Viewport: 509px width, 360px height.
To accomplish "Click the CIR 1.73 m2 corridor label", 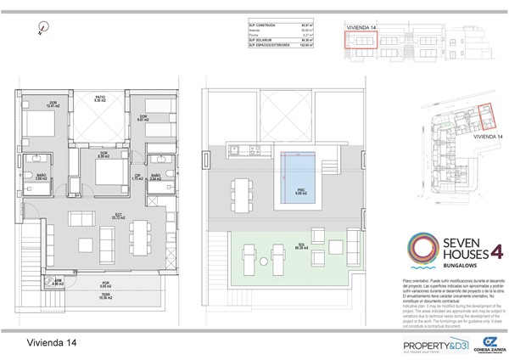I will click(x=137, y=177).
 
